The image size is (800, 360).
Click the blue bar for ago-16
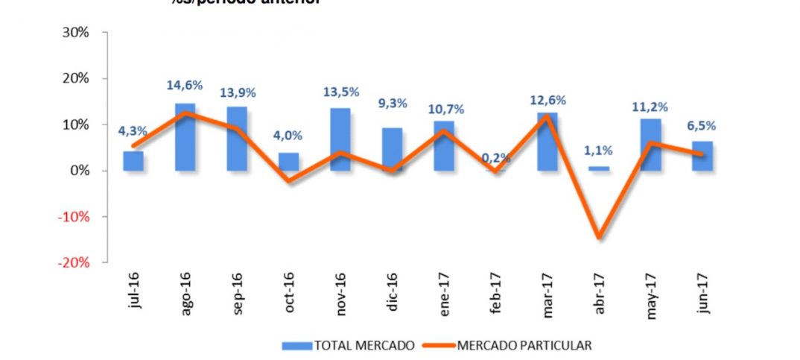coord(185,137)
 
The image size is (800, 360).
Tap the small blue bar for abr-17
coord(599,168)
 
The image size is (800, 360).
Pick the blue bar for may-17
coord(650,145)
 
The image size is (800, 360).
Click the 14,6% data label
coord(185,86)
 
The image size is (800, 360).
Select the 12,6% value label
coord(547,100)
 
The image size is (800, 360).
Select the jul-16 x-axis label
coord(134,295)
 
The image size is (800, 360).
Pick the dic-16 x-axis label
coord(393,295)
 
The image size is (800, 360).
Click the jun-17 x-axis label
coord(702,295)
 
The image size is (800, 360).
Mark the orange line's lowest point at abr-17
coord(599,238)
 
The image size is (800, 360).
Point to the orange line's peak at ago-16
coord(185,113)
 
